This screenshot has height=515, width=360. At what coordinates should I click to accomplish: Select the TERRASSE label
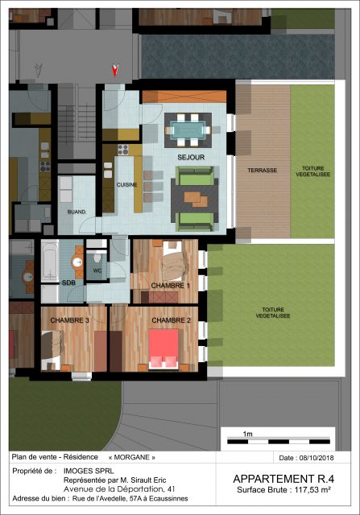pos(263,171)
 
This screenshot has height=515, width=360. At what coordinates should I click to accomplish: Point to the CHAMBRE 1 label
pos(170,286)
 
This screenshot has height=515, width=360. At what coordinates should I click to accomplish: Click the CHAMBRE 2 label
pos(171,321)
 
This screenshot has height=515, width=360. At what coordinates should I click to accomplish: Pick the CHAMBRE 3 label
pos(70,321)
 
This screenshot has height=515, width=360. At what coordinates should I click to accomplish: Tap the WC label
pos(97,270)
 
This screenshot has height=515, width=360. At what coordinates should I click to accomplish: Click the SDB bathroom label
pos(68,283)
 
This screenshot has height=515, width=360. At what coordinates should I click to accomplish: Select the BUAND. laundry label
pos(77,212)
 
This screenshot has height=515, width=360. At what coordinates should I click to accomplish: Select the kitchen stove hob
pos(123,149)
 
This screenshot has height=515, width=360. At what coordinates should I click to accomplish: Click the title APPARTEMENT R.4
pos(283,478)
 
